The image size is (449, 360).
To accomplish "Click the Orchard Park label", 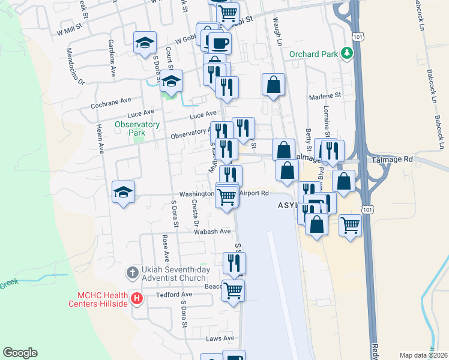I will click(x=313, y=53).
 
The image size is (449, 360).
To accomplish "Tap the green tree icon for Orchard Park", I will click(x=346, y=53).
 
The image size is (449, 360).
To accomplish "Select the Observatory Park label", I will click(x=137, y=128).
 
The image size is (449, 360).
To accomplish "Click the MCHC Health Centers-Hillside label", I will click(x=104, y=299).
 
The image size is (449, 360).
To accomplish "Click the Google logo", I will click(x=20, y=353).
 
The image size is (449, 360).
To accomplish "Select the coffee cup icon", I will click(x=219, y=43).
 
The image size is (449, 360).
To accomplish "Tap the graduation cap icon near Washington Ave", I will click(x=123, y=192).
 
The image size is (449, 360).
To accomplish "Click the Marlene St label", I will click(x=325, y=95).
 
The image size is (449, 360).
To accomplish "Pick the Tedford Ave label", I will click(x=174, y=295).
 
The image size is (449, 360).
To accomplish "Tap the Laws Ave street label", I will click(x=220, y=338).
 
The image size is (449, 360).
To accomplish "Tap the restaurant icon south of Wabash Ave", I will click(x=234, y=262).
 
